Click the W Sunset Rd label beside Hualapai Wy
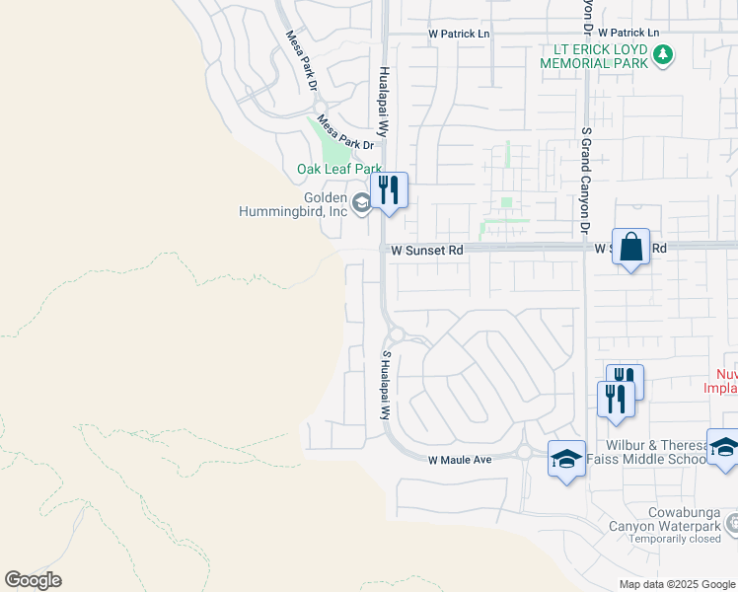426,252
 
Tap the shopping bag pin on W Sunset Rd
630,247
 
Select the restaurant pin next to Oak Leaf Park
389,191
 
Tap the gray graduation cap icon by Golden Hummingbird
361,203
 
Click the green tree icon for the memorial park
665,54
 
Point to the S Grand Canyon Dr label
585,179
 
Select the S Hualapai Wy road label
387,385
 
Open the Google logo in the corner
34,580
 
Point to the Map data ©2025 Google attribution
677,584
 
